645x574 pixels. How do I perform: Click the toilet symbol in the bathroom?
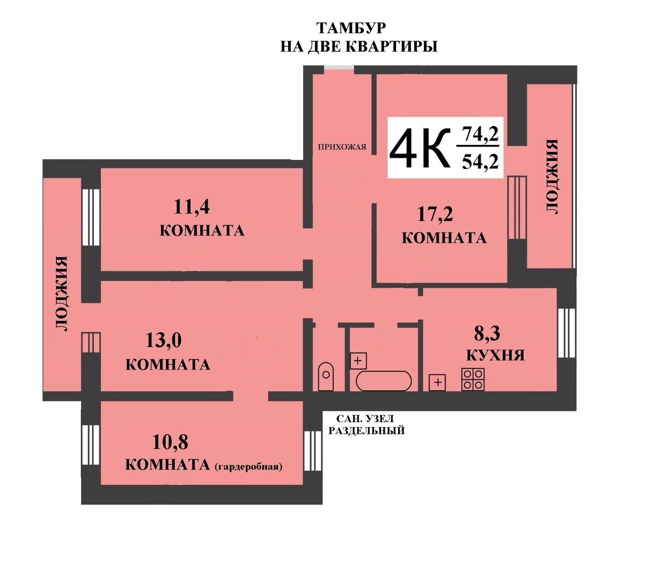pos(326,377)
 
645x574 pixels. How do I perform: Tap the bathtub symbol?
pos(384,381)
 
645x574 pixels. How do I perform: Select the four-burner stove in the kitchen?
pos(473,379)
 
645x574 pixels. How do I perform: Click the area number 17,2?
pos(435,215)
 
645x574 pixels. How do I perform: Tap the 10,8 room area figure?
pos(171,443)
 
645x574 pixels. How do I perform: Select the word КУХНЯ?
pos(495,355)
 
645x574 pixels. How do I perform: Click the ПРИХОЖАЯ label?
pos(342,146)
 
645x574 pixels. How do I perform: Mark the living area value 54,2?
pos(480,160)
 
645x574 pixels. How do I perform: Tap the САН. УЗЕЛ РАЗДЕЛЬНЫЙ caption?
pos(366,424)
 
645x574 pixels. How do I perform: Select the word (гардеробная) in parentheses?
pos(248,466)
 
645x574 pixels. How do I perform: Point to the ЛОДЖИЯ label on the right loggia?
pos(552,176)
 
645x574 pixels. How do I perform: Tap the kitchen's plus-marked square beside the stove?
pos(438,382)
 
